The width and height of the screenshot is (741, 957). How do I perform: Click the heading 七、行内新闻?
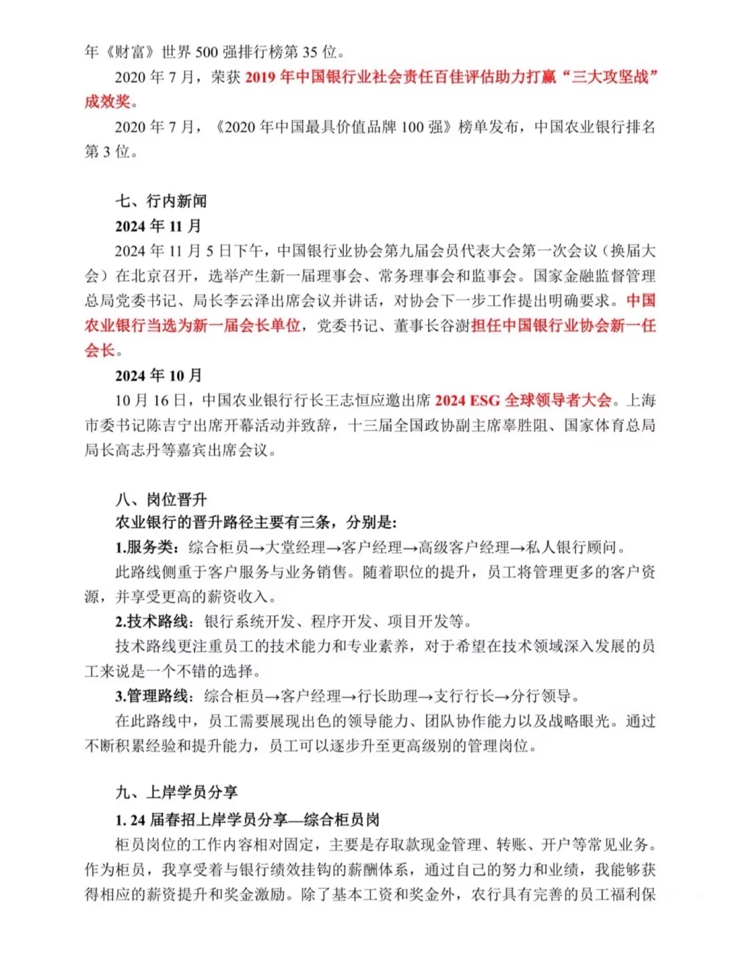coord(161,201)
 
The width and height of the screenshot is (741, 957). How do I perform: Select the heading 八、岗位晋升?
coord(161,499)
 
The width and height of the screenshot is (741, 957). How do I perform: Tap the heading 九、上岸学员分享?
coord(176,792)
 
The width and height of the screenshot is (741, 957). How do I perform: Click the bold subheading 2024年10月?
coord(158,375)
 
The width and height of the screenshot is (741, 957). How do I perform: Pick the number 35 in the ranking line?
coord(310,52)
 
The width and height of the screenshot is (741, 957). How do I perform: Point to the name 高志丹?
coord(154,451)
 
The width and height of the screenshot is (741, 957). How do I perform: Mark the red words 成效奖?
coord(108,102)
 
